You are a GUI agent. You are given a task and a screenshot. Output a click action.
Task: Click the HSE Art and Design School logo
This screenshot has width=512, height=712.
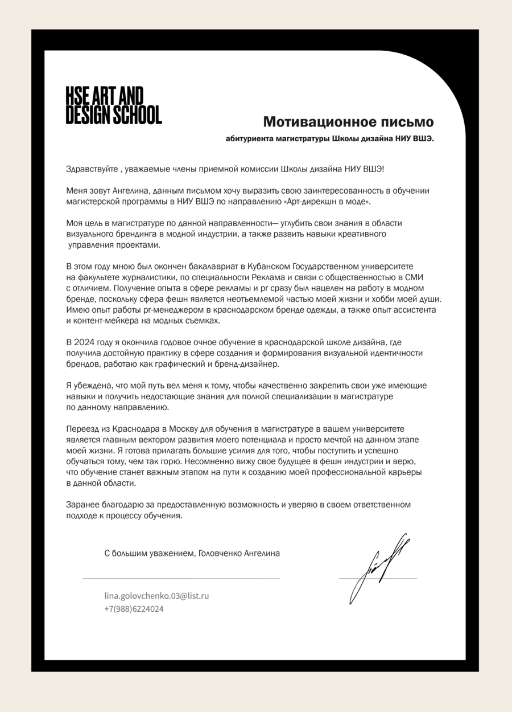point(113,105)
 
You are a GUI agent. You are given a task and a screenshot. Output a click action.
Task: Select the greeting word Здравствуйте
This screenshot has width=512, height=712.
point(92,169)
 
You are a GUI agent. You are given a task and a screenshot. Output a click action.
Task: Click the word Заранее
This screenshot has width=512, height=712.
point(82,505)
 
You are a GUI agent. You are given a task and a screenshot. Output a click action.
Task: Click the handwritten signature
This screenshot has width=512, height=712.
point(377,567)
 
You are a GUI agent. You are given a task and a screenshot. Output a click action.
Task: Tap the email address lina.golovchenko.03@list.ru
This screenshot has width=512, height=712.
point(156,596)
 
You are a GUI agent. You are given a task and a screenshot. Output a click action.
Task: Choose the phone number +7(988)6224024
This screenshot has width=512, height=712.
point(134,609)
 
